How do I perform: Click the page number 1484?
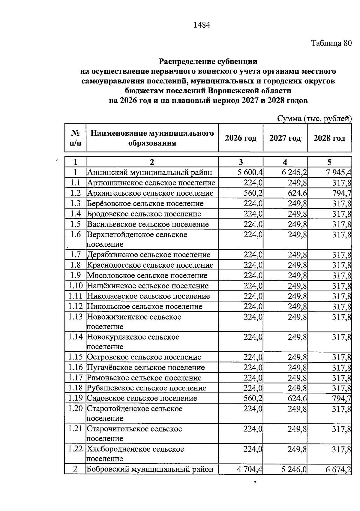[x=202, y=25]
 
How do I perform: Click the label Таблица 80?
[x=331, y=43]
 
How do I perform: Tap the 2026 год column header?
[x=241, y=138]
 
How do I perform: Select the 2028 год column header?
[x=329, y=138]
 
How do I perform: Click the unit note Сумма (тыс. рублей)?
[x=314, y=119]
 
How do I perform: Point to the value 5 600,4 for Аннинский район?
[x=250, y=173]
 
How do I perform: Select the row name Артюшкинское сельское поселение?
[x=151, y=183]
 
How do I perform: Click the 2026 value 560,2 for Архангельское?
[x=253, y=193]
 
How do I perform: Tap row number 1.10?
[x=75, y=286]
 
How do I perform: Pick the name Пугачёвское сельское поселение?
[x=146, y=368]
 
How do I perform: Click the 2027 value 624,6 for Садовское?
[x=297, y=398]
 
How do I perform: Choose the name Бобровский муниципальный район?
[x=150, y=469]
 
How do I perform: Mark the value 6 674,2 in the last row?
[x=338, y=469]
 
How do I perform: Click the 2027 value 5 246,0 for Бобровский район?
[x=294, y=469]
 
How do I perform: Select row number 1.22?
[x=75, y=449]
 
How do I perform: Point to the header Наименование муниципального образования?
[x=152, y=138]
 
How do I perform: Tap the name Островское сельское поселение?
[x=144, y=357]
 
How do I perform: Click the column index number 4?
[x=285, y=162]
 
